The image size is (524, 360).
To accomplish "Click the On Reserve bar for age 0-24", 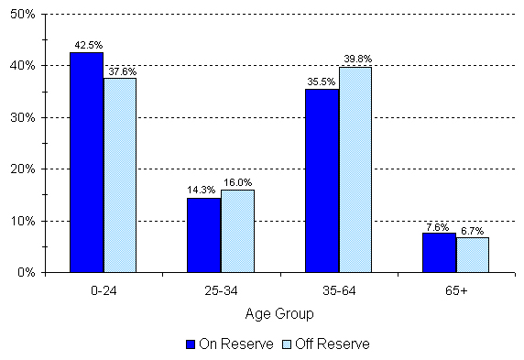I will [86, 162].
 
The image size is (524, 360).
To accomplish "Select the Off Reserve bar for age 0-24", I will [119, 175].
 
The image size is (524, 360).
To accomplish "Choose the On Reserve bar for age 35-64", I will [322, 180].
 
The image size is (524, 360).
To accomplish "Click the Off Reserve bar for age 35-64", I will [355, 169].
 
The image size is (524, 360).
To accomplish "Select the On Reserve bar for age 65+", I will [439, 252].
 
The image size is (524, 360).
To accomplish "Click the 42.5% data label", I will [87, 44].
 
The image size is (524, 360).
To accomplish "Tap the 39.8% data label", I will [357, 59].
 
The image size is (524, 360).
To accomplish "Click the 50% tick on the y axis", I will [22, 15].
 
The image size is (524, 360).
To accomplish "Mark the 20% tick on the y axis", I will [22, 169].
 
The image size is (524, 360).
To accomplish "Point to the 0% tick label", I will [26, 273].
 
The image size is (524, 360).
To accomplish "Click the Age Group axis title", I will [278, 313].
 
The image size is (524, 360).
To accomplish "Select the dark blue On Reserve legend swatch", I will [191, 344].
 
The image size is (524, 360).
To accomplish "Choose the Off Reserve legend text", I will [335, 344].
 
